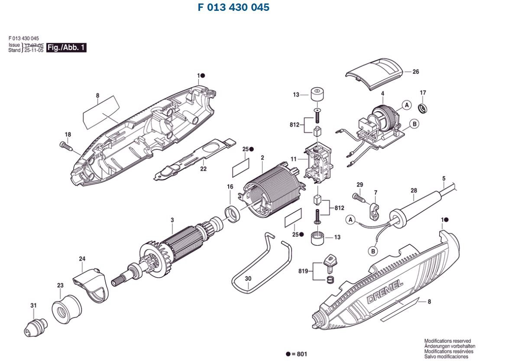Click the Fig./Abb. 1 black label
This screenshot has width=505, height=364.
[x=66, y=48]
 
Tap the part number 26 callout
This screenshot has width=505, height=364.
[x=415, y=72]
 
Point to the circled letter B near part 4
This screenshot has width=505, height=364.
[x=414, y=124]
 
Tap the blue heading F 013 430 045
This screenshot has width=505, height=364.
[x=233, y=8]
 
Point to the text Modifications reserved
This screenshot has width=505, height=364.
[x=447, y=341]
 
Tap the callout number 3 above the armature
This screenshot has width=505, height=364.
[x=172, y=220]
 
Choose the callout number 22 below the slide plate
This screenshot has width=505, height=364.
[x=203, y=169]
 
